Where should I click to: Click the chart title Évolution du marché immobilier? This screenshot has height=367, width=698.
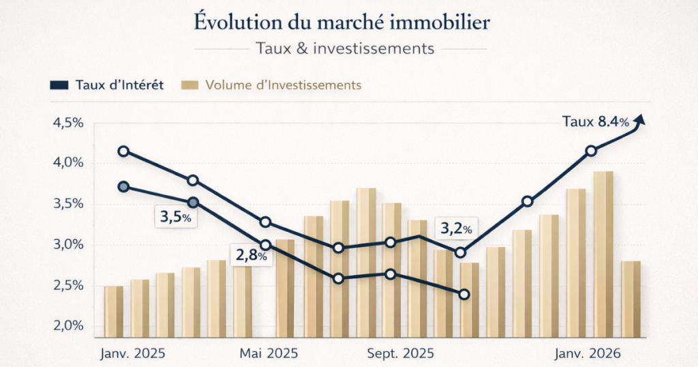click(x=342, y=22)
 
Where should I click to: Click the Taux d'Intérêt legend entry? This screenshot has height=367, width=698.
click(x=107, y=85)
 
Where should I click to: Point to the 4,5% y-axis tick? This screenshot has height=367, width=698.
click(x=67, y=123)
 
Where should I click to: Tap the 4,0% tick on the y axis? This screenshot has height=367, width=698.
click(x=67, y=163)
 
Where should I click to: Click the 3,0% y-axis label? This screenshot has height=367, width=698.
click(x=67, y=244)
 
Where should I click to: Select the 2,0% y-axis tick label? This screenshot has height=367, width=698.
click(x=67, y=325)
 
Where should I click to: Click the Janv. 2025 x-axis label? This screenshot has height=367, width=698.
click(x=134, y=355)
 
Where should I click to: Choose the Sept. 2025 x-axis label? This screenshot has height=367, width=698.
click(x=401, y=355)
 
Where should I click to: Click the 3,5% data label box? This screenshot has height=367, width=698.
click(x=173, y=219)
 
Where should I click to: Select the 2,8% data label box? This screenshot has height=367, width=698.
click(x=252, y=256)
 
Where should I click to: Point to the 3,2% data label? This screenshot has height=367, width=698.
click(x=455, y=229)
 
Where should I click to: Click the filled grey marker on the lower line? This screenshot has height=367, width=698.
click(x=123, y=187)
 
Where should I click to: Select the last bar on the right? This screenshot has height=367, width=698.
click(x=631, y=299)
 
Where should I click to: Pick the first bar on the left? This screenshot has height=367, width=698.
click(x=114, y=311)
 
